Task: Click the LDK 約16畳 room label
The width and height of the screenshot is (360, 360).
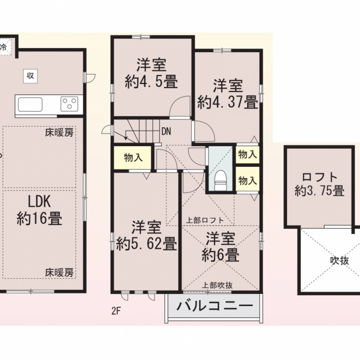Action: click(x=39, y=210)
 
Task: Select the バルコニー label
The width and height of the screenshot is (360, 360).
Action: click(x=214, y=308)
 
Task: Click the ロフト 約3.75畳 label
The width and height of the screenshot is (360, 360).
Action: click(x=320, y=183)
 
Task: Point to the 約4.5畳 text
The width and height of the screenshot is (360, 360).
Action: click(x=151, y=82)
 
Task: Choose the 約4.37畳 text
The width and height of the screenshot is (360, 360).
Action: click(x=228, y=102)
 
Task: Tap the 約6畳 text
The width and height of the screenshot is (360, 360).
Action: click(x=220, y=255)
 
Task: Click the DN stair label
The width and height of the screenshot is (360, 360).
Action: click(x=166, y=131)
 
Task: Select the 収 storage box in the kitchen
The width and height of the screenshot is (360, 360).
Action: click(x=30, y=76)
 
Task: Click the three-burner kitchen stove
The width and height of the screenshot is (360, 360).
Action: click(x=70, y=104)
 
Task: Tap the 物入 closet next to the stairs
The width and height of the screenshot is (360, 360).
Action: click(x=133, y=158)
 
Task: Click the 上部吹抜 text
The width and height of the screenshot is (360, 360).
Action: click(x=217, y=285)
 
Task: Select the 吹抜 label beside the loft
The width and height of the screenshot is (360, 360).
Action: click(x=338, y=261)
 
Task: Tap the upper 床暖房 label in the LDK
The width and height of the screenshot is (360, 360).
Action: click(x=59, y=133)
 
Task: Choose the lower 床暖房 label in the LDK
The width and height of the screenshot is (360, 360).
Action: click(x=59, y=272)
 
